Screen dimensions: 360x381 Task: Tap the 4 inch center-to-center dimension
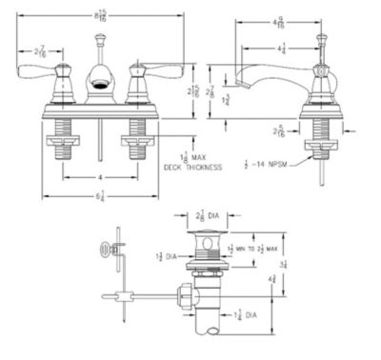point(99,176)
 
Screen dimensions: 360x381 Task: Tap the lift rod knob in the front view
point(100,40)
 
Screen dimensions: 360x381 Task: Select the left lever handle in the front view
point(60,72)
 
